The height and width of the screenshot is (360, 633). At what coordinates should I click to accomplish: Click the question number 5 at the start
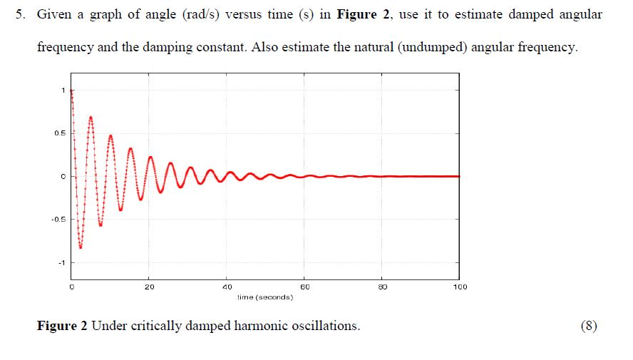[x=21, y=15]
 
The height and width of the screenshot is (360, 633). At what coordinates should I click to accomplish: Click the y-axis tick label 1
[x=63, y=91]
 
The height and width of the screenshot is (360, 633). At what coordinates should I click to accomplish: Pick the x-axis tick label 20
[x=148, y=287]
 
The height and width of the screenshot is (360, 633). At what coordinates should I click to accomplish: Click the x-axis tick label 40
[x=227, y=287]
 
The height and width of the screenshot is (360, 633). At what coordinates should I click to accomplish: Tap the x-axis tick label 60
[x=304, y=287]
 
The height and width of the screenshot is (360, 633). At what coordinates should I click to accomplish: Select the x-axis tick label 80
[x=382, y=287]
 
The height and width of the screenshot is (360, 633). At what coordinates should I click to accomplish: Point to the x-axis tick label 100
[x=459, y=287]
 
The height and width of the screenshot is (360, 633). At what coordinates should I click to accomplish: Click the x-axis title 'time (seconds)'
[x=265, y=297]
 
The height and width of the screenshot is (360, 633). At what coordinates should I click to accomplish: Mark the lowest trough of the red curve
[x=81, y=247]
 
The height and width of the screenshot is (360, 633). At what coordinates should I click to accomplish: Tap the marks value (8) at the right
[x=590, y=326]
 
